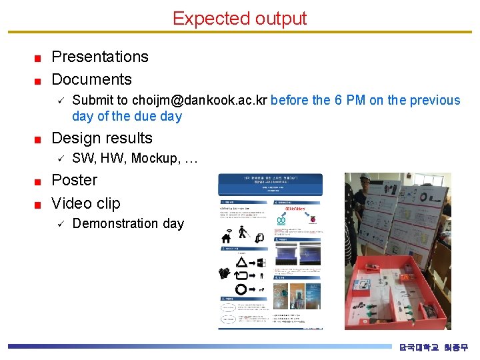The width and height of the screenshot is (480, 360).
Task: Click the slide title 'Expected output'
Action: [239, 18]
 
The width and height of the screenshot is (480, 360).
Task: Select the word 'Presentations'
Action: [100, 57]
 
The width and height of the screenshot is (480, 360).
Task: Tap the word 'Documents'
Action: [91, 79]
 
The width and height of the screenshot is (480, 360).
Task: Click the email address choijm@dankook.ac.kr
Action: [199, 101]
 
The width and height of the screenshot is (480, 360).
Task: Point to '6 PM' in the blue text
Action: [350, 101]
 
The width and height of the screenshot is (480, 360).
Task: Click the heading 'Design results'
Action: [102, 138]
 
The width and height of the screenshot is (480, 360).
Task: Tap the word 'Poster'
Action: [74, 180]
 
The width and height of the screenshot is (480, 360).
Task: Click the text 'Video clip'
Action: [86, 203]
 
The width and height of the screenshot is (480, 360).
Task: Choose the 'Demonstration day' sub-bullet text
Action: [127, 223]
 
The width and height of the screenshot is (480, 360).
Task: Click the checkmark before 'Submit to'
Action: [59, 101]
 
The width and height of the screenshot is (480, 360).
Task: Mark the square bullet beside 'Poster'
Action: [39, 181]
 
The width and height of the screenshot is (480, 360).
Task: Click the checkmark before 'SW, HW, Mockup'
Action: [59, 159]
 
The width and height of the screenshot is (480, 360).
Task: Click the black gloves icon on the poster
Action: [225, 273]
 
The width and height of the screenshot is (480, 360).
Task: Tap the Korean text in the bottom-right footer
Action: [433, 347]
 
